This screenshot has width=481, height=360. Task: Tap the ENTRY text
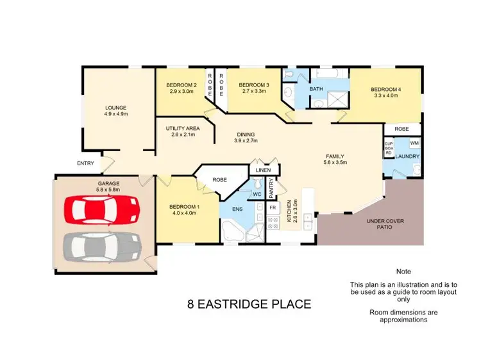85,163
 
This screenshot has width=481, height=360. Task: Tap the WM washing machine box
414,143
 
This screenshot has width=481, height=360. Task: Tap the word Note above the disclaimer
404,272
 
